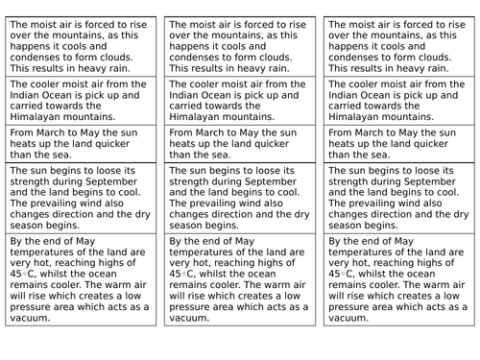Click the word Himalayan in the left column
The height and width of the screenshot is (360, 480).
(36, 116)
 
